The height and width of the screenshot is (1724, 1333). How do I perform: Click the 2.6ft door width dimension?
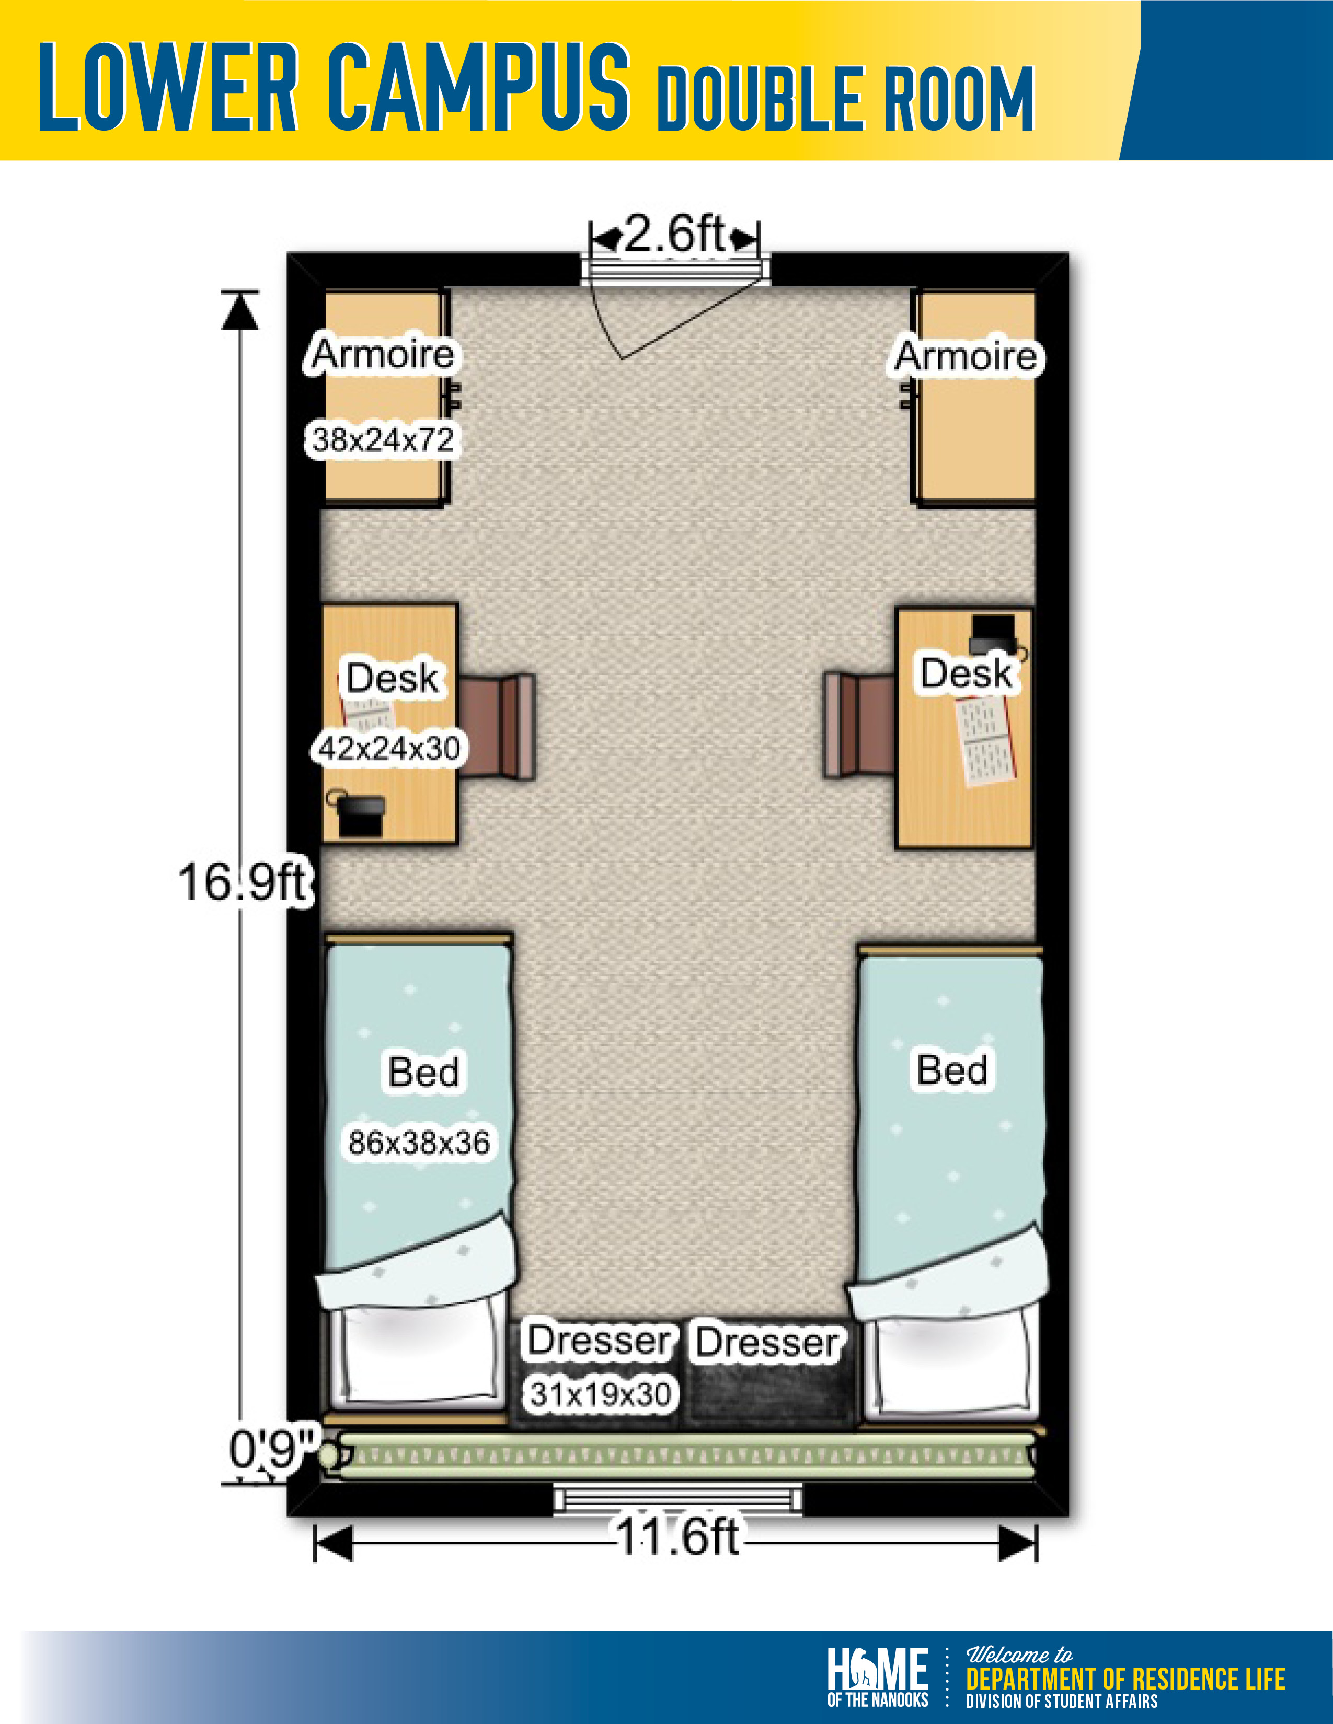click(x=674, y=235)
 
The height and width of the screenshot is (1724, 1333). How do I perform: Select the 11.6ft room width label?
click(x=677, y=1537)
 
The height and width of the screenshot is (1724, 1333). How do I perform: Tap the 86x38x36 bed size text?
click(x=419, y=1142)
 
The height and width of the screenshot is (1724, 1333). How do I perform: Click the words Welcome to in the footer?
click(x=1019, y=1654)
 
